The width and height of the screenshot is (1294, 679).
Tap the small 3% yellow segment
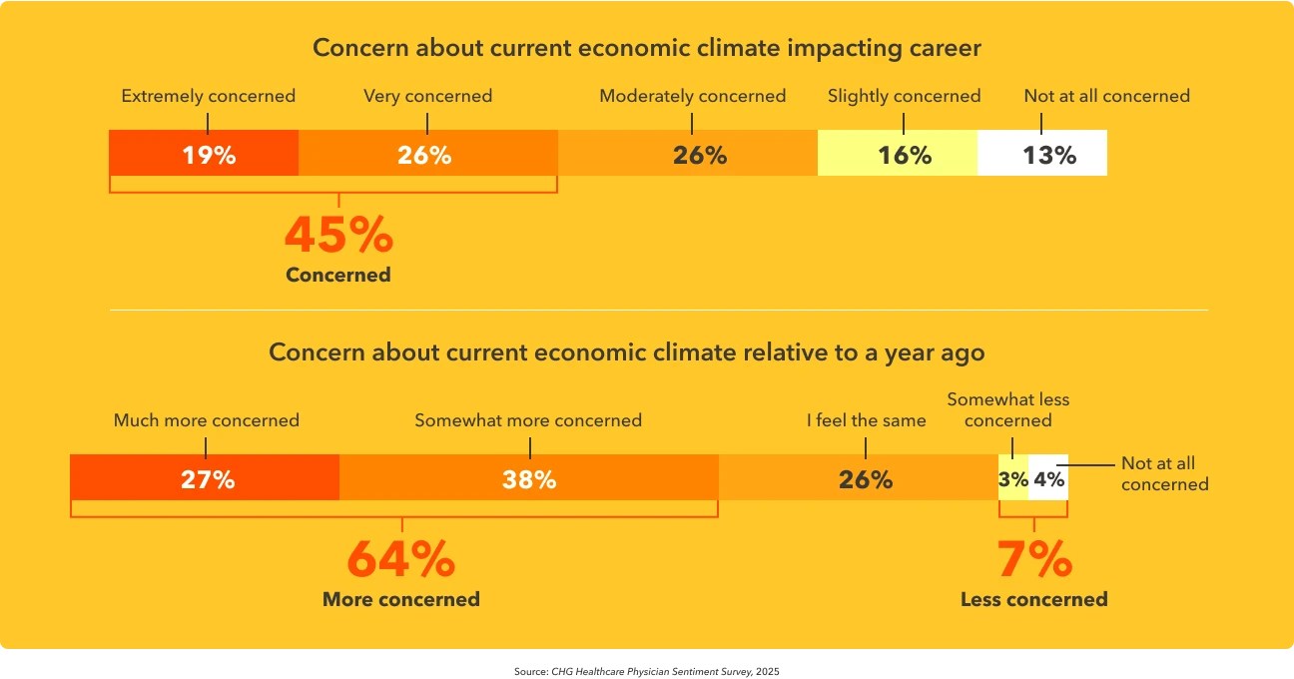pyautogui.click(x=1013, y=478)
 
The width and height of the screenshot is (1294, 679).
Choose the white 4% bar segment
pyautogui.click(x=1048, y=478)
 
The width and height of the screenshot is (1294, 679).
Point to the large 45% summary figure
pyautogui.click(x=338, y=236)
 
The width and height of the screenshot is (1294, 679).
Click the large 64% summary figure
pyautogui.click(x=400, y=560)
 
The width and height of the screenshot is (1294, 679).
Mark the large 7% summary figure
pyautogui.click(x=1034, y=560)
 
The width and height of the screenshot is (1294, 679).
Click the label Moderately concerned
pyautogui.click(x=692, y=97)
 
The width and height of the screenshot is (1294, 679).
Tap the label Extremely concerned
pyautogui.click(x=208, y=97)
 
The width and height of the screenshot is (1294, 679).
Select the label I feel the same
pyautogui.click(x=866, y=420)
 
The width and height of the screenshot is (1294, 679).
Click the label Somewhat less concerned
pyautogui.click(x=1007, y=409)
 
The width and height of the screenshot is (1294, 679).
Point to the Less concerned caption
pyautogui.click(x=1033, y=600)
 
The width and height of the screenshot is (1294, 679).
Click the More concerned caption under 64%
pyautogui.click(x=400, y=600)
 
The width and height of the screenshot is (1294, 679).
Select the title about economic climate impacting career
pyautogui.click(x=647, y=48)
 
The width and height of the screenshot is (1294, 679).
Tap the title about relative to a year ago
pyautogui.click(x=626, y=352)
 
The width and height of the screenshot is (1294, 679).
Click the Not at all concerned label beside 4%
pyautogui.click(x=1164, y=473)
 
